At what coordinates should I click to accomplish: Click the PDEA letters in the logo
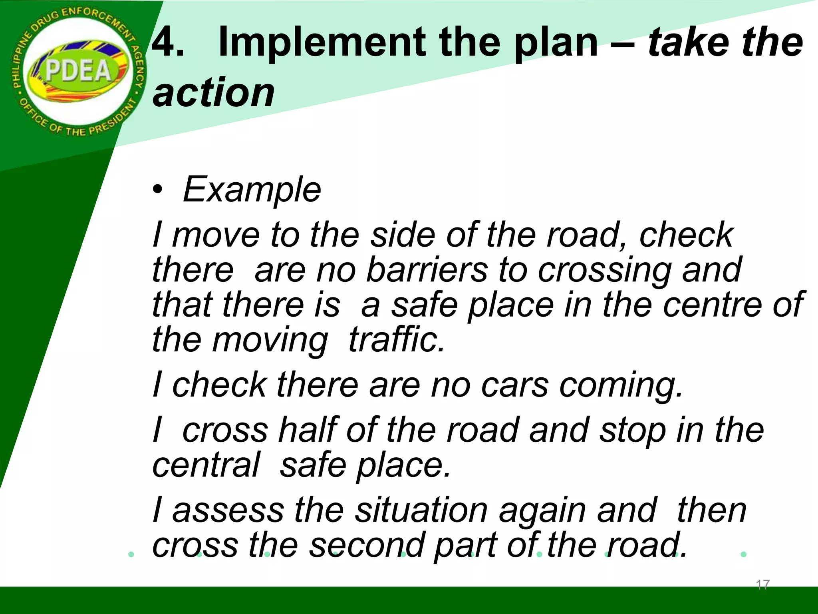coord(78,71)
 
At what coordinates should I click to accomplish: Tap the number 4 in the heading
coord(168,42)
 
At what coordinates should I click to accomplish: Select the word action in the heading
coord(214,93)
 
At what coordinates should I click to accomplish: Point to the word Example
coord(252,189)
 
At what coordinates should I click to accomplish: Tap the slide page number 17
coord(762,585)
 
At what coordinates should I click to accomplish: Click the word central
coord(206,465)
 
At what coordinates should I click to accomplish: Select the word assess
coord(228,510)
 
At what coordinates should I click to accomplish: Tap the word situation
coord(421,510)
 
